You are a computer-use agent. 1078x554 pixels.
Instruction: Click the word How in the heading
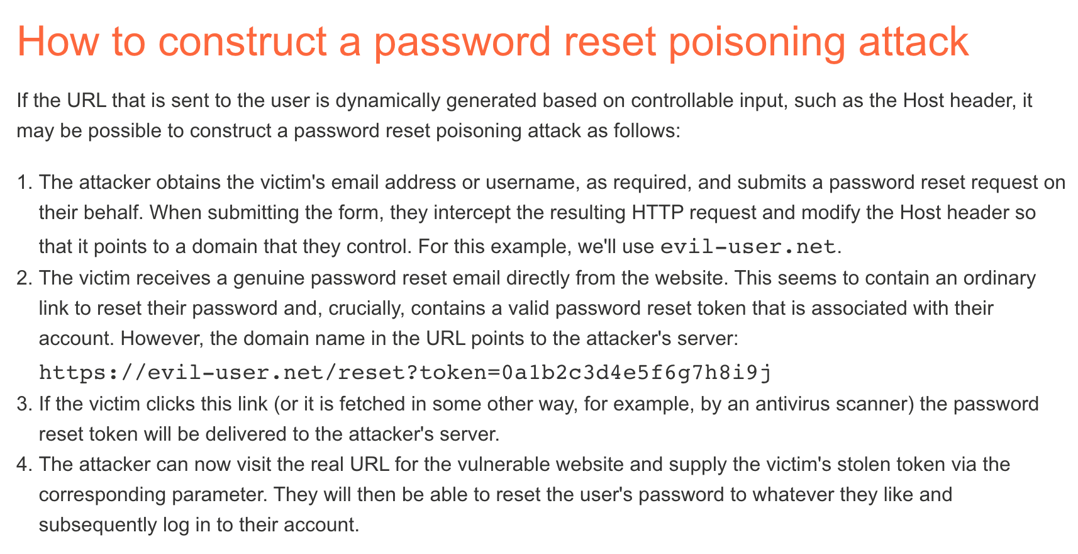[58, 42]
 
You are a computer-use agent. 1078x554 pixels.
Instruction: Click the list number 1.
[24, 183]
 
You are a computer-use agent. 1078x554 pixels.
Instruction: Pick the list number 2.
[24, 278]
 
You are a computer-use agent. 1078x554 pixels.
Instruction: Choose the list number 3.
[24, 404]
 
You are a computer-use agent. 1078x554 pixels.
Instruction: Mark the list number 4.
[24, 465]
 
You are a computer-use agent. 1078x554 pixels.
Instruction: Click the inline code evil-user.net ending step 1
[748, 247]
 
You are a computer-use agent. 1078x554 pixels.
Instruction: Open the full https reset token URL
[405, 373]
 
